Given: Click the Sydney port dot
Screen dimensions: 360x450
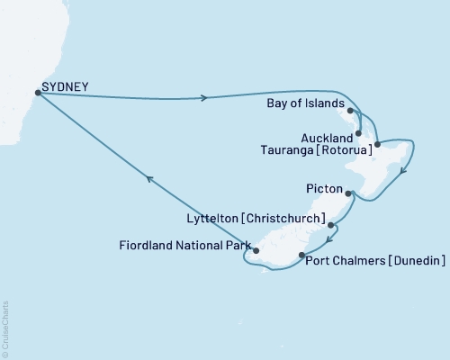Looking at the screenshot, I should click(x=37, y=91).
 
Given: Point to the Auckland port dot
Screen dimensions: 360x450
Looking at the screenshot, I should click(x=359, y=133).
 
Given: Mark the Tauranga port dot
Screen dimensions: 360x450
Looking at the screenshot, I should click(x=376, y=144).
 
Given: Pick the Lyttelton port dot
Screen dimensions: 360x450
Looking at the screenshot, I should click(x=331, y=225).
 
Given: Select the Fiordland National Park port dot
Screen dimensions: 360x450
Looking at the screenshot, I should click(x=256, y=251).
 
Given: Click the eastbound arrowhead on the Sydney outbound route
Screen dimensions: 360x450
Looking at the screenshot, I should click(x=207, y=98).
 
